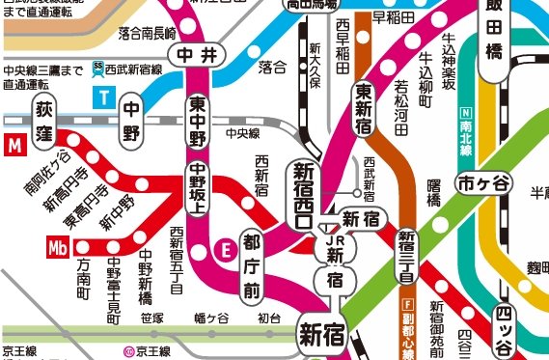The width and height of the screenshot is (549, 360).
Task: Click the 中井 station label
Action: coord(197,55)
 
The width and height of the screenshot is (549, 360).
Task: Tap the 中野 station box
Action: coord(133,124)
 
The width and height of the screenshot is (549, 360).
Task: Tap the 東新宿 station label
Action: coord(365,112)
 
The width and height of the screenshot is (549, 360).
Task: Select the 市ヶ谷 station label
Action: coord(482,182)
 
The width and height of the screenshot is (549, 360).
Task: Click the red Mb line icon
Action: coord(58,246)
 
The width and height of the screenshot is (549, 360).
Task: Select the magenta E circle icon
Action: coord(227,247)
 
